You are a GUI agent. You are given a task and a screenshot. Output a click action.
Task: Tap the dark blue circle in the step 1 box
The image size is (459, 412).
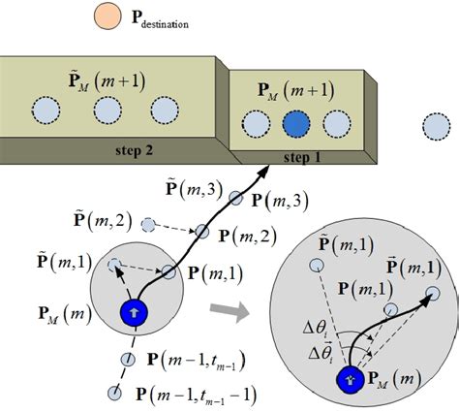[x=295, y=125]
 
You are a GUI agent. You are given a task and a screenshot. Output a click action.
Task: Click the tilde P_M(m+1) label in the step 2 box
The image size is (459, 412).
[x=107, y=78]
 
